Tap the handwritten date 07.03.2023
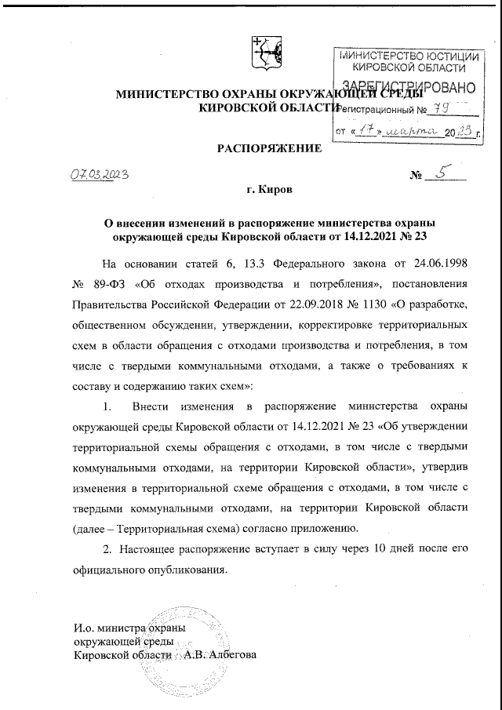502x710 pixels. coord(95,173)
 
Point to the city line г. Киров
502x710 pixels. coord(268,191)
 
